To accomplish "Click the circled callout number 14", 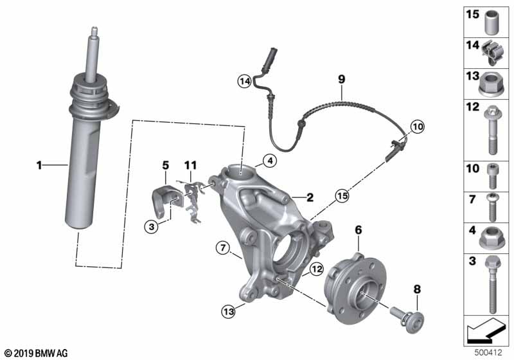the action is coord(245,80).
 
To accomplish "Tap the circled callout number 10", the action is coord(417,127).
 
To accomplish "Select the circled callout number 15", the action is coord(342,196).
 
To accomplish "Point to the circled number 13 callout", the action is coord(229,310).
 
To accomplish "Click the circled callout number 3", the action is coord(152,226).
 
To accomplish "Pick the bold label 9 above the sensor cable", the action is coord(342,79).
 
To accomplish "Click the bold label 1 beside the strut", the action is coord(39,165).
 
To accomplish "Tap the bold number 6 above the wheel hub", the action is coord(359,230).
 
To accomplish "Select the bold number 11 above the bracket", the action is coord(190,165).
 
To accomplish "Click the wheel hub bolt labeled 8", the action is coord(407,318).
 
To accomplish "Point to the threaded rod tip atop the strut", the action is coord(94,28).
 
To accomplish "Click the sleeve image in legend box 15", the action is coord(492,22).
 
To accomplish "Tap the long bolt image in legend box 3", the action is coord(491,285).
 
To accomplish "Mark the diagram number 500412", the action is coord(488,353).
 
